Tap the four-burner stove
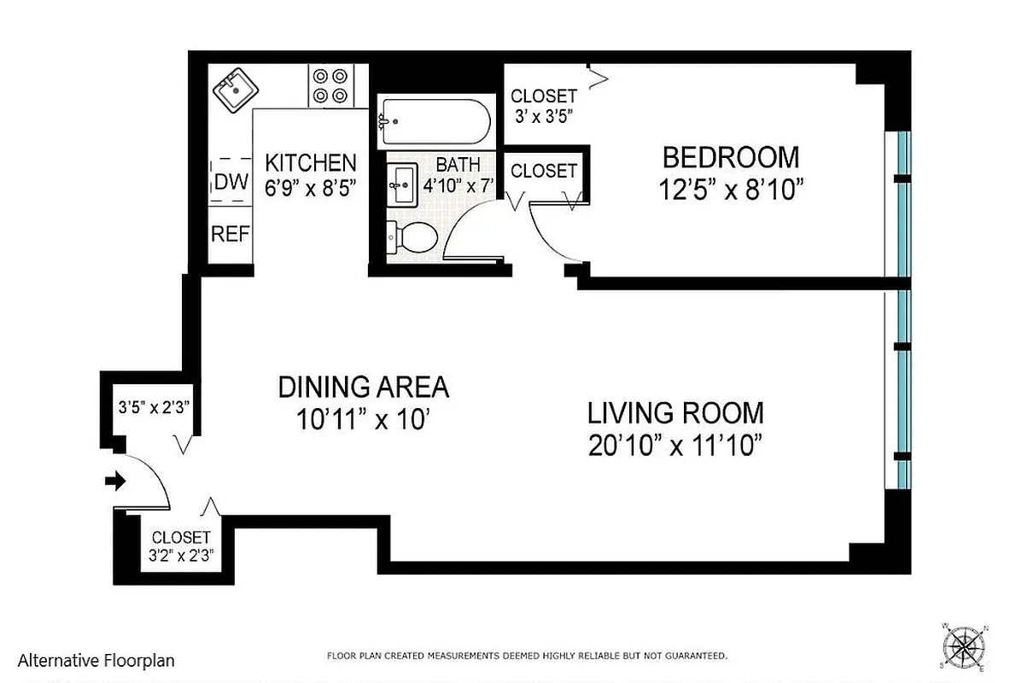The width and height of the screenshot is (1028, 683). coord(330,85)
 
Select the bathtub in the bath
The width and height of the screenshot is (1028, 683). coord(435,123)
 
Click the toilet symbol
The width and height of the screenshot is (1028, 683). coord(412,237)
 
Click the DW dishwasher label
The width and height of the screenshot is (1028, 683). coord(231,182)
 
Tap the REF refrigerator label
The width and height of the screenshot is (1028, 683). coord(230,234)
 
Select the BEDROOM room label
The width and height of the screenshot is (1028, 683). coord(731,158)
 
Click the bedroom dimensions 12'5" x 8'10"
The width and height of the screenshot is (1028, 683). coord(731,190)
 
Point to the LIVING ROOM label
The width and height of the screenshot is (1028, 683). coord(675,413)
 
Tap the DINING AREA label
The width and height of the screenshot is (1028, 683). coord(363,388)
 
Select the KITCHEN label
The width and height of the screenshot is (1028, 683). coord(310,162)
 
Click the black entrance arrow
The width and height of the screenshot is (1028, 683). coord(114,482)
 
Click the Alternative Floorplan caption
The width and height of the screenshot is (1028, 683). coord(96,660)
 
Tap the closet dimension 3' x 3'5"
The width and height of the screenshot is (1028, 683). coord(544,114)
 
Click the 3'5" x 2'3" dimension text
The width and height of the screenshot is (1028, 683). coord(152,406)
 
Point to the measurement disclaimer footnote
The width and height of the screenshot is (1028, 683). coord(527,656)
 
